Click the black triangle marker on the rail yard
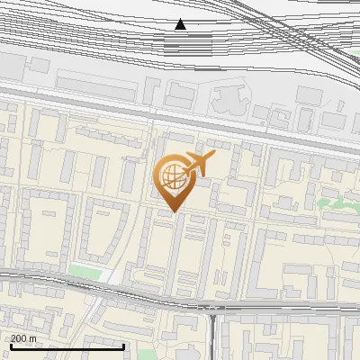[181, 24]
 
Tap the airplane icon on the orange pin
[198, 164]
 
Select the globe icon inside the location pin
[171, 175]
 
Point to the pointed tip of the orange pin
[174, 211]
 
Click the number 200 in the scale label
[19, 338]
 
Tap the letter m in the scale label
[33, 338]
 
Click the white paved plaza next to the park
[108, 275]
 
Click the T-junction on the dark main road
[212, 309]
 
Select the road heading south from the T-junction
[212, 337]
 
